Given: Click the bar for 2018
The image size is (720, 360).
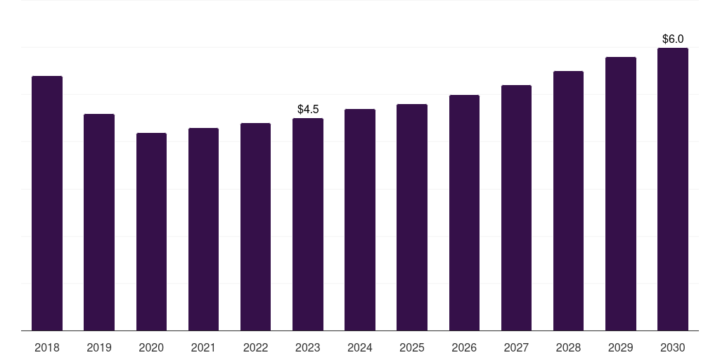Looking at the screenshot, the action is pyautogui.click(x=47, y=203).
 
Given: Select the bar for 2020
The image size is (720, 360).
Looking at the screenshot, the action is pyautogui.click(x=152, y=232).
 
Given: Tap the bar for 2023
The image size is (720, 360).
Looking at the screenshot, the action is pyautogui.click(x=308, y=224).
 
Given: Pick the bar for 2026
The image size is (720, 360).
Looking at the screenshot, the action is pyautogui.click(x=464, y=212).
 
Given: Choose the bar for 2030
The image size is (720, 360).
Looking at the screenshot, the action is pyautogui.click(x=673, y=189).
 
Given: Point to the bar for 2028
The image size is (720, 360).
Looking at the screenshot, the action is pyautogui.click(x=568, y=200).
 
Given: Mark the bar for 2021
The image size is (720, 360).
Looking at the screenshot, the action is pyautogui.click(x=203, y=229).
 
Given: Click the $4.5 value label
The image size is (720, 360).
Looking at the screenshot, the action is pyautogui.click(x=308, y=109).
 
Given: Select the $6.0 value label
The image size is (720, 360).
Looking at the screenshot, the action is pyautogui.click(x=673, y=39).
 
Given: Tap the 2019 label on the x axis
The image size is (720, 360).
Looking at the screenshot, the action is pyautogui.click(x=99, y=347).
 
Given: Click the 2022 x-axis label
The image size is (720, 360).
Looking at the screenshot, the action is pyautogui.click(x=255, y=347).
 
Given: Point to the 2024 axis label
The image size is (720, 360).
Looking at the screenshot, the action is pyautogui.click(x=360, y=347).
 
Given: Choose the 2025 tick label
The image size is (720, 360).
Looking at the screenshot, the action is pyautogui.click(x=412, y=347).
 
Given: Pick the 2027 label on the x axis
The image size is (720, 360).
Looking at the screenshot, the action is pyautogui.click(x=516, y=347).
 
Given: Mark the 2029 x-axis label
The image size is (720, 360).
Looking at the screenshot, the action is pyautogui.click(x=621, y=347).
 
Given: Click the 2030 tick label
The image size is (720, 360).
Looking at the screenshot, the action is pyautogui.click(x=673, y=347).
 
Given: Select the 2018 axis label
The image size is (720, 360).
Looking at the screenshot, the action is pyautogui.click(x=47, y=347).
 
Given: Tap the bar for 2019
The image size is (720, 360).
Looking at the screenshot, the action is pyautogui.click(x=99, y=222).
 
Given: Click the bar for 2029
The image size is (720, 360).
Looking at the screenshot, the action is pyautogui.click(x=621, y=194).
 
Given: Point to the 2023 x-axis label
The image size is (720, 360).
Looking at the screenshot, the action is pyautogui.click(x=308, y=347).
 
